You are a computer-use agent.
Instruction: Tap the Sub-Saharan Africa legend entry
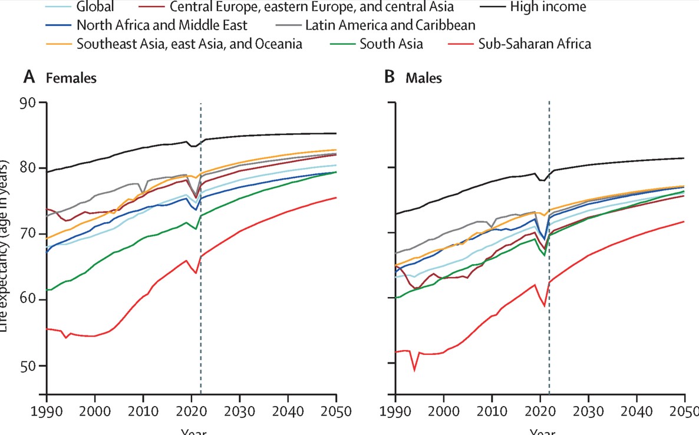click(535, 44)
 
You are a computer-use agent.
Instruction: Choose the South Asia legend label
click(391, 44)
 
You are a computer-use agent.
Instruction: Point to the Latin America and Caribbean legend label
click(390, 26)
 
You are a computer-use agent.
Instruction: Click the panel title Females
click(71, 77)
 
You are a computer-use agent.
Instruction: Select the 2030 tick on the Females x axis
click(240, 411)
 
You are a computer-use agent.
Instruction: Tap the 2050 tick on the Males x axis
click(685, 411)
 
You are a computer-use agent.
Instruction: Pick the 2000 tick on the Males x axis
click(444, 411)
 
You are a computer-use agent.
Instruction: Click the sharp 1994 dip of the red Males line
click(414, 370)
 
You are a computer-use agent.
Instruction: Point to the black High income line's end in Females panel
click(336, 133)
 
